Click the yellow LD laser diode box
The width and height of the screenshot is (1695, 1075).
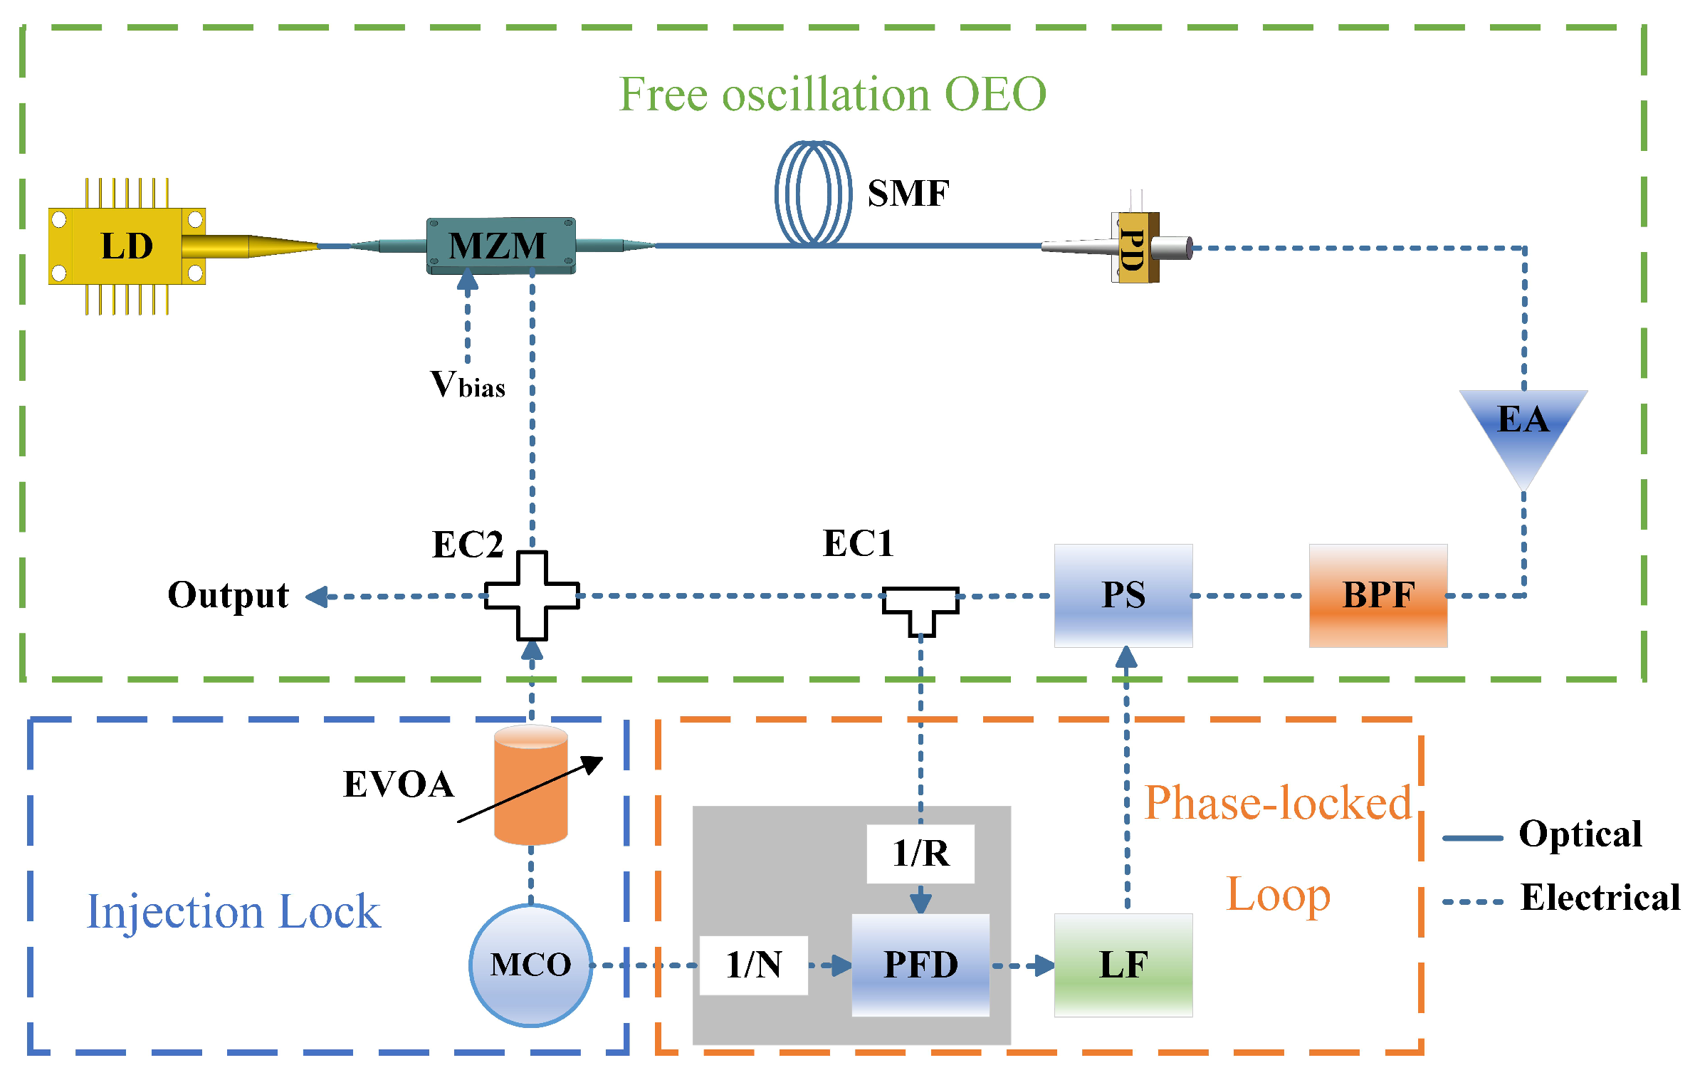coord(126,246)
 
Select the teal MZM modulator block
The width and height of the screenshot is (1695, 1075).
coord(500,246)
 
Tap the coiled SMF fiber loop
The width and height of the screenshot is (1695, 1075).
coord(813,193)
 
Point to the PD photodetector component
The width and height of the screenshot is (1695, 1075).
coord(1134,248)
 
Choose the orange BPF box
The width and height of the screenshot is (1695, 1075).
coord(1377,595)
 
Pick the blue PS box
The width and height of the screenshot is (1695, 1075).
coord(1123,595)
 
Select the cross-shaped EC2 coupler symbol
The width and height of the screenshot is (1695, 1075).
coord(532,596)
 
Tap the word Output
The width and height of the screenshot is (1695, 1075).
coord(228,595)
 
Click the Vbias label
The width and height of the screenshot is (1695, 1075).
coord(468,385)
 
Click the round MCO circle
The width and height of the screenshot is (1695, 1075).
coord(530,965)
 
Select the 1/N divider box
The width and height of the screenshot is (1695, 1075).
coord(753,965)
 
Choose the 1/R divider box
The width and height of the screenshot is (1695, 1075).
coord(920,854)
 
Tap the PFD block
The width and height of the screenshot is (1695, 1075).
coord(920,965)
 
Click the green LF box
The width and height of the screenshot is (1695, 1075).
coord(1123,965)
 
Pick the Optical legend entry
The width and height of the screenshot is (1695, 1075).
coord(1579,834)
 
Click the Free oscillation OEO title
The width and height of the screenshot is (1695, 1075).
coord(832,94)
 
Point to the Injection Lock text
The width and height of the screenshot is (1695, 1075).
coord(233,912)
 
